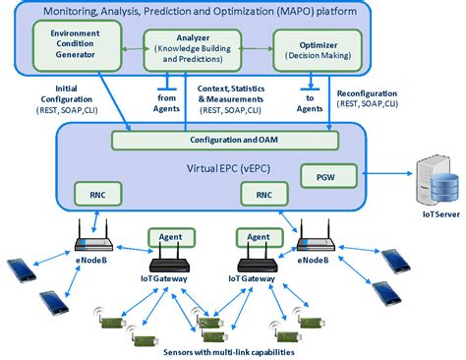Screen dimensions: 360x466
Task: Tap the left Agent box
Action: coord(168,237)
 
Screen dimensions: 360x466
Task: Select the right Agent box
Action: coord(258,237)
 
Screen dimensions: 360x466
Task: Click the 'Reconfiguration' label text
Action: coord(375,95)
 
